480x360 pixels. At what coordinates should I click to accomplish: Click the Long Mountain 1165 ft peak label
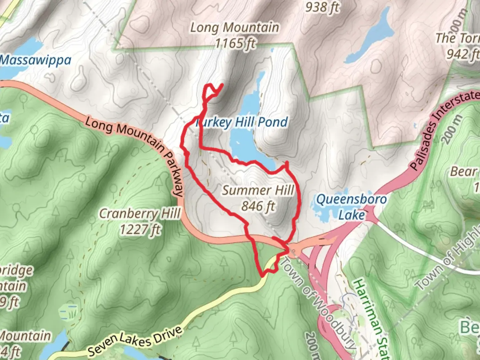tap(235, 35)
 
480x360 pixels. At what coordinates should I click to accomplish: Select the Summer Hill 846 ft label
tap(258, 198)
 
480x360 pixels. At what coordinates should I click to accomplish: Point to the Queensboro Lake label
tap(351, 207)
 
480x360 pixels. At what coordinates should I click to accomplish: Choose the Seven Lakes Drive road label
tap(135, 341)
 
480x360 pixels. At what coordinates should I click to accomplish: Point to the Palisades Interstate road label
tap(443, 130)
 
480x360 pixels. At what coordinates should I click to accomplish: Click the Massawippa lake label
tap(35, 60)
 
